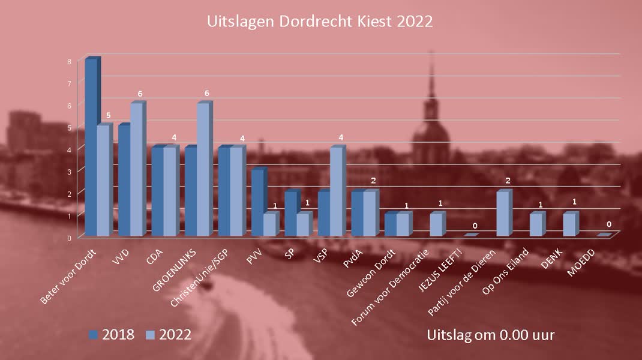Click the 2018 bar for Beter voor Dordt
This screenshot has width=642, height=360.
tap(91, 147)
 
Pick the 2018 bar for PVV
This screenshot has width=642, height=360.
tap(257, 203)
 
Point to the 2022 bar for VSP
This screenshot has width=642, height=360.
tap(337, 191)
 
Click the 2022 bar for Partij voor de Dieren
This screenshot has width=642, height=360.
tap(503, 214)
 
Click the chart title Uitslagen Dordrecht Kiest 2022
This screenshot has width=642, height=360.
tap(320, 22)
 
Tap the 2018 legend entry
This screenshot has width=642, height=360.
tap(112, 334)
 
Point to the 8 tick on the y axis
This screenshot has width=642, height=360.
tap(70, 61)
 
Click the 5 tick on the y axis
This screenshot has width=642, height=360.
tap(70, 127)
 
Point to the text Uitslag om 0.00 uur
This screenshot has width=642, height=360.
tap(490, 334)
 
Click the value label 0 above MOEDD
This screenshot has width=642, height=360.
tap(608, 225)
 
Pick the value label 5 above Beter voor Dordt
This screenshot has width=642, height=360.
tap(108, 115)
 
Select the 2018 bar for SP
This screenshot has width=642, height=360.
tap(290, 214)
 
